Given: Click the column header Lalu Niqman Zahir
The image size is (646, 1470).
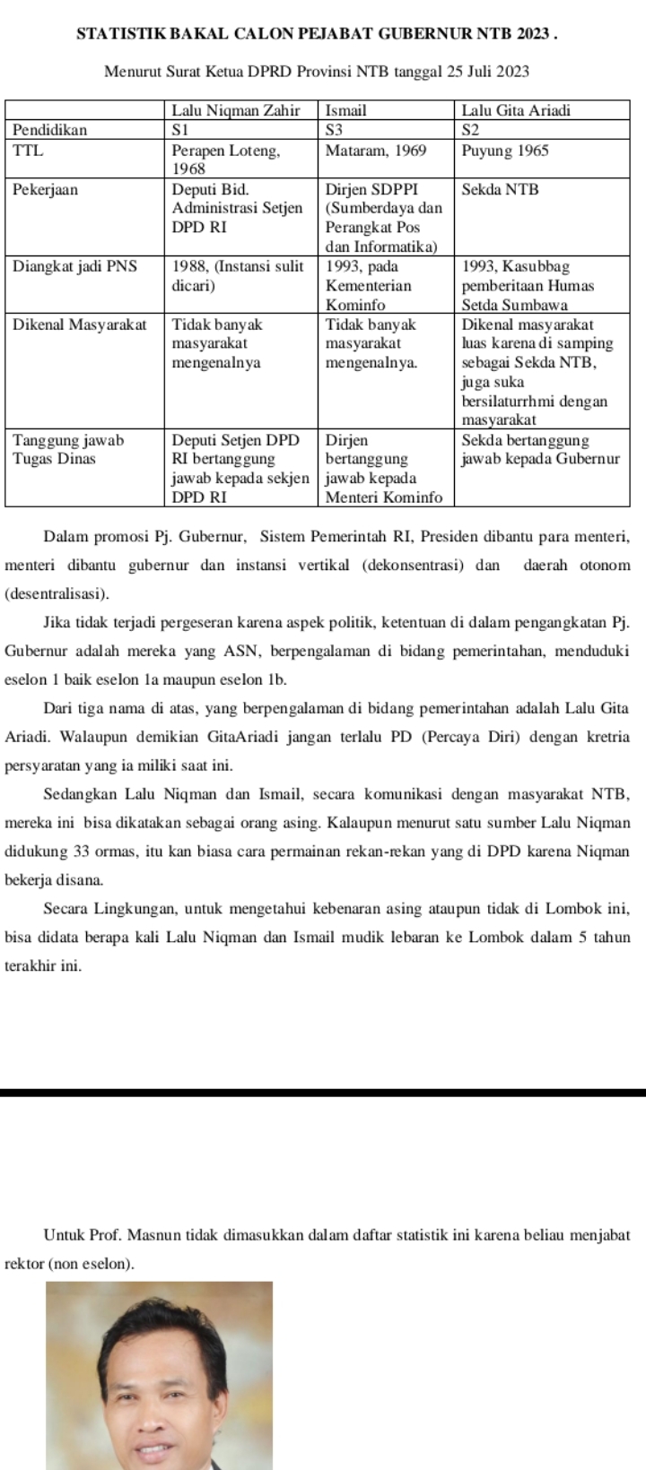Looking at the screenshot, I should [234, 111].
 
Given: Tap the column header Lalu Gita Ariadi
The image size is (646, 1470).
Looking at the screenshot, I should [516, 111].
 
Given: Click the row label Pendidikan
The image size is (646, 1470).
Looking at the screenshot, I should [50, 130].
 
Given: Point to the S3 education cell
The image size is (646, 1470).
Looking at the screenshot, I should [335, 130].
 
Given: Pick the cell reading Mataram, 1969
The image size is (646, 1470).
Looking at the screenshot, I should [375, 150].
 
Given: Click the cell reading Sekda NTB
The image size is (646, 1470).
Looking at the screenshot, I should [500, 190].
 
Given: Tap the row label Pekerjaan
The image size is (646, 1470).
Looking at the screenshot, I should [45, 190].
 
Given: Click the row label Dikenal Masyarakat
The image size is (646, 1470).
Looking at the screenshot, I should [80, 324].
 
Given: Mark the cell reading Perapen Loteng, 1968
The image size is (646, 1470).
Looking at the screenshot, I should [226, 159].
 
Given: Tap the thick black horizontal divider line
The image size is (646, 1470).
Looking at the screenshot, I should [323, 1093].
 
